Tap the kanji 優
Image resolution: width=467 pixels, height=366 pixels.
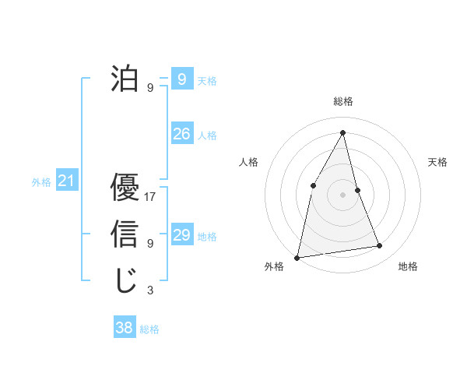coord(125,188)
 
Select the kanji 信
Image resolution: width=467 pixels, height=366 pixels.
coord(125,234)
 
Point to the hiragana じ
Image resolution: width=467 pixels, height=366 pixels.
coord(125,280)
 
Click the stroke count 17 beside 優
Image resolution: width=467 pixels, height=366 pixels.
coord(151,197)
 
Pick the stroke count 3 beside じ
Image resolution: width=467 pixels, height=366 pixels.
coord(150,290)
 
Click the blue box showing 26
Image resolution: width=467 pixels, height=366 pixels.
coord(182,134)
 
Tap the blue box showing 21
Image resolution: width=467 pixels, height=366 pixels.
coord(66,181)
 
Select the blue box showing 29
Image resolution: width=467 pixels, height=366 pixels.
coord(182,235)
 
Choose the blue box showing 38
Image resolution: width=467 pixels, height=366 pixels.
coord(125,328)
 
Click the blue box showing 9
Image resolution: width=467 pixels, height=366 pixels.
coord(182,79)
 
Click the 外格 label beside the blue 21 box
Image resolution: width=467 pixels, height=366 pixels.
coord(41,182)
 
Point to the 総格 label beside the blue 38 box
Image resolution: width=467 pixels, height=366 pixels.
coord(149,329)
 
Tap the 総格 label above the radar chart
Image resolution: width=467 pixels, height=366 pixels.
coord(342,101)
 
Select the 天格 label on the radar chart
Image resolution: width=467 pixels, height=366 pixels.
coord(437,162)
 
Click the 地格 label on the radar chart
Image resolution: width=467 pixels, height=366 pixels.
coord(408,266)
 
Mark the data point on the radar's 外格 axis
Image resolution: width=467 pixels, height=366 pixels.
coord(297,257)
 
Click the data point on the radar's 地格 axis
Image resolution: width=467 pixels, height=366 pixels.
coord(380,246)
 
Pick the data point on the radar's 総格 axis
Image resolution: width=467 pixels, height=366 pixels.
coord(342,132)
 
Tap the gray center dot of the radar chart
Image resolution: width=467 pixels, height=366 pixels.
coord(342,194)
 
